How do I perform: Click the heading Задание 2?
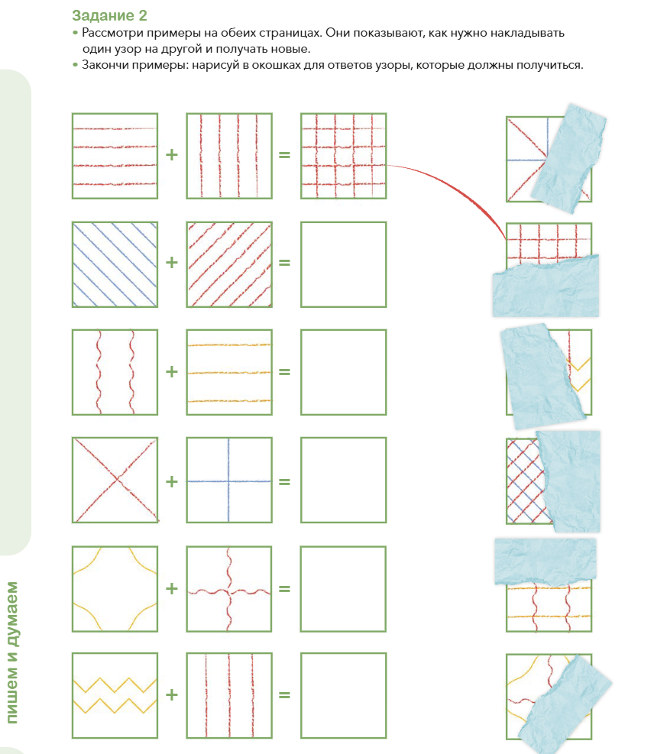pos(109,15)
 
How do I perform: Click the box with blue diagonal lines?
pos(115,264)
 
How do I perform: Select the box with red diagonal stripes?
pos(229,264)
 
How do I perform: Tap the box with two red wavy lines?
pos(115,372)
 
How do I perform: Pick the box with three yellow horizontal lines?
pos(229,372)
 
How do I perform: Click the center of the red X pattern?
pos(117,479)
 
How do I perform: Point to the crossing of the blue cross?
pos(228,481)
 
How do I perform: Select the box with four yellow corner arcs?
pos(115,588)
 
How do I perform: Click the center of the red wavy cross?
pos(228,591)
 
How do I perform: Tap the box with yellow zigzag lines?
pos(115,695)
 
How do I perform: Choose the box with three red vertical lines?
pos(229,695)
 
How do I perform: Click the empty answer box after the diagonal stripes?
pos(344,264)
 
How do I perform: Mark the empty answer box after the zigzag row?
pos(344,695)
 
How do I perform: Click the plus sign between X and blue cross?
pos(172,481)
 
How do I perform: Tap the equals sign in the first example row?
pos(285,155)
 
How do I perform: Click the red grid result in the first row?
pos(344,156)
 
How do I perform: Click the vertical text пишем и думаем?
pos(11,652)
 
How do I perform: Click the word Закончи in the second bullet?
pos(105,65)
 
